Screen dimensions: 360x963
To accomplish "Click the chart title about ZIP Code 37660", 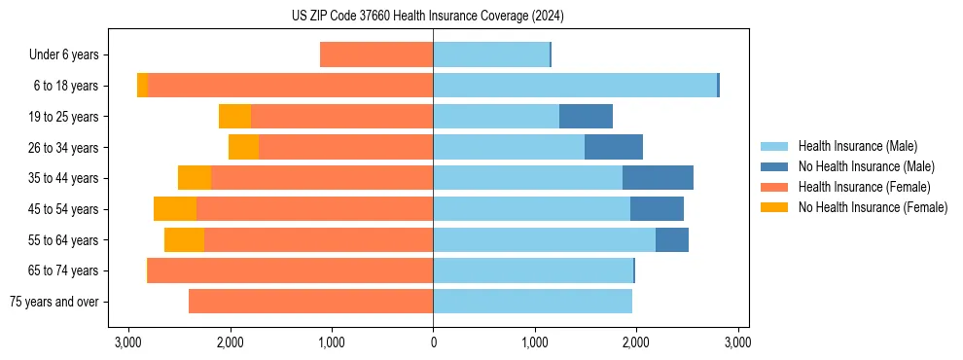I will coord(427,16).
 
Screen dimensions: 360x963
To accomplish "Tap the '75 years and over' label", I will coord(53,302).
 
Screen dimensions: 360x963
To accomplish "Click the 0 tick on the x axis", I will coord(433,342).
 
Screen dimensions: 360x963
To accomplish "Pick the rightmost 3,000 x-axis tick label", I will coord(736,342).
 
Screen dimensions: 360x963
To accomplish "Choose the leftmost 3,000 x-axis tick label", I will coord(128,342).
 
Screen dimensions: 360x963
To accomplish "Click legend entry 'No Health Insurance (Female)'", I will coord(873,207).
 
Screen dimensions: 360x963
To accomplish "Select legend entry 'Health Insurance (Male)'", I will coord(857,146).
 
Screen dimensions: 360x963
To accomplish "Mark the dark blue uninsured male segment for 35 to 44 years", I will coord(658,178).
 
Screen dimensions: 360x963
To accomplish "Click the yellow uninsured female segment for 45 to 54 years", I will coord(175,209).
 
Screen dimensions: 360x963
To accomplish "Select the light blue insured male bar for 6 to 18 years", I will coord(575,86).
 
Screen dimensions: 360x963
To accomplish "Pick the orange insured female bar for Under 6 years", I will coord(376,55).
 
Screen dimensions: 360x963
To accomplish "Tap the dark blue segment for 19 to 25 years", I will coord(586,117).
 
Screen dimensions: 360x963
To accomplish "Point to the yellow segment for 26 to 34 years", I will coord(243,148).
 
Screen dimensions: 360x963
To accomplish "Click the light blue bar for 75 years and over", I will coord(532,302).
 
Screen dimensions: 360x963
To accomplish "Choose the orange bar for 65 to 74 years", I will coord(290,270).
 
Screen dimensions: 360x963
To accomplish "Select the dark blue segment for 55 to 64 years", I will coord(672,240).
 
